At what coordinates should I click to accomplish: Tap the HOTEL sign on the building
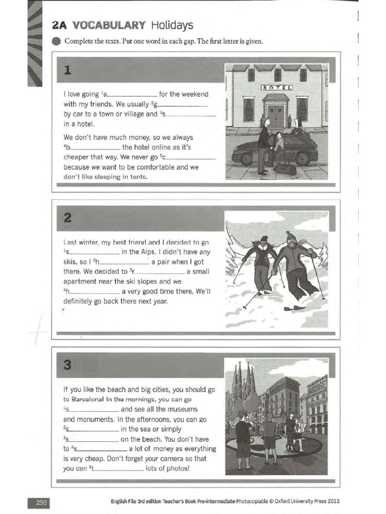tap(276, 87)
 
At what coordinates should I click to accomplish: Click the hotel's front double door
tap(276, 116)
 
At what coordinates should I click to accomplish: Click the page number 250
tap(40, 501)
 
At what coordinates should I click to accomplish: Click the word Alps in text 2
tap(150, 252)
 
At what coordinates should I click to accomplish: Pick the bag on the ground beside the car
tap(284, 170)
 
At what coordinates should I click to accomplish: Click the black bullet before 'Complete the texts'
tap(56, 41)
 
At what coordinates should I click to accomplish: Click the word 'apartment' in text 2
tap(80, 282)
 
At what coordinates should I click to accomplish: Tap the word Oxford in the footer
tap(279, 501)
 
